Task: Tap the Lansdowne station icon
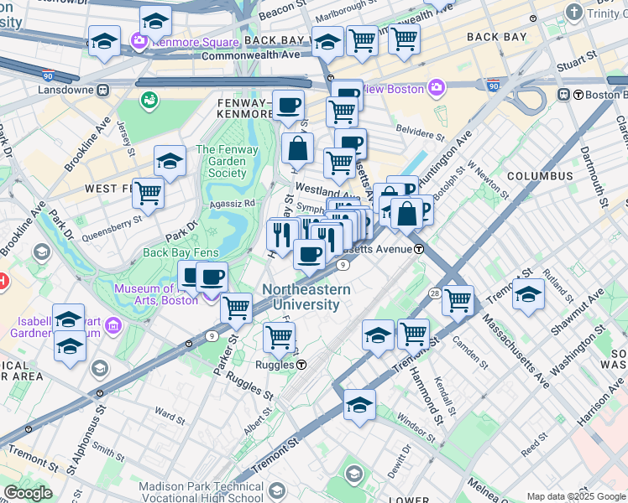102,90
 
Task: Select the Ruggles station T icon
300,365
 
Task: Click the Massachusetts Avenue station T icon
418,249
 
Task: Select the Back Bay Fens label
181,252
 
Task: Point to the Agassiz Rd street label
233,203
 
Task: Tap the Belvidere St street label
420,134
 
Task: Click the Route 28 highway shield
435,293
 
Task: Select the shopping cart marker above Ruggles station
279,338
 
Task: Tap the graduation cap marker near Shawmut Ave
528,294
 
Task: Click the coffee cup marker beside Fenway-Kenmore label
288,106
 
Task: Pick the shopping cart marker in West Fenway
148,192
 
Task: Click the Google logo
29,493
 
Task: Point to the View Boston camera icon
437,87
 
